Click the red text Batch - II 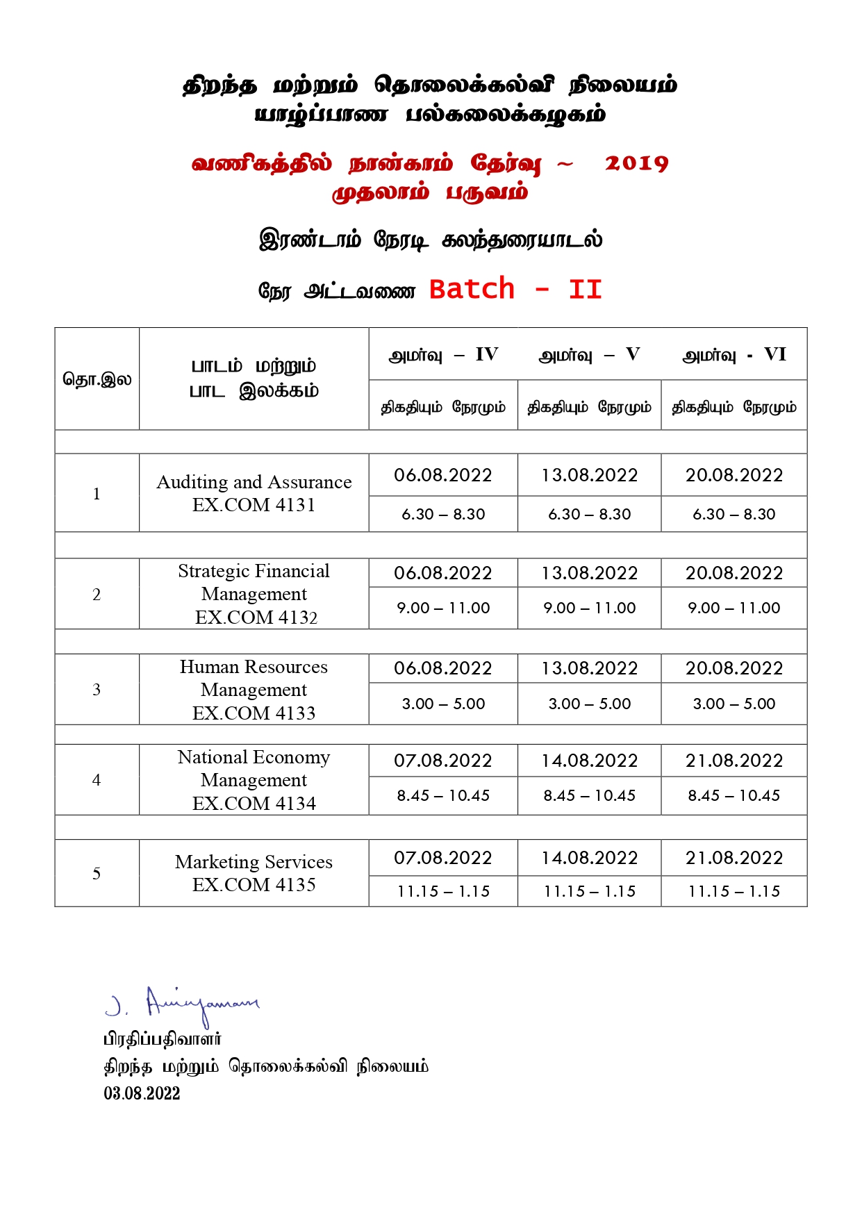coord(515,289)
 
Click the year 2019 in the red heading coord(636,163)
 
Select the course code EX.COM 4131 coord(254,505)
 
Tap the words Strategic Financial coord(254,571)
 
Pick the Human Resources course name coord(254,667)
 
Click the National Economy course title coord(254,757)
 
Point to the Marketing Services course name coord(254,862)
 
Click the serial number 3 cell coord(97,690)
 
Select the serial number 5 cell coord(97,874)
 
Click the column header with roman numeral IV coord(443,355)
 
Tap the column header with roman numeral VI coord(734,355)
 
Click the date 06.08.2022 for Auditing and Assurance coord(443,475)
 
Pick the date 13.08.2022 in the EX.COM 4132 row coord(589,573)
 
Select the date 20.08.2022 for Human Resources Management coord(734,668)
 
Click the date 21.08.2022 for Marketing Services coord(734,858)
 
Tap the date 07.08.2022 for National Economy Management coord(443,761)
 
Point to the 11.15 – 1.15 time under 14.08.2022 coord(589,891)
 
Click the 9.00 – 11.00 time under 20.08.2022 coord(734,608)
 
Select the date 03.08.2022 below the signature coord(142,1093)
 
